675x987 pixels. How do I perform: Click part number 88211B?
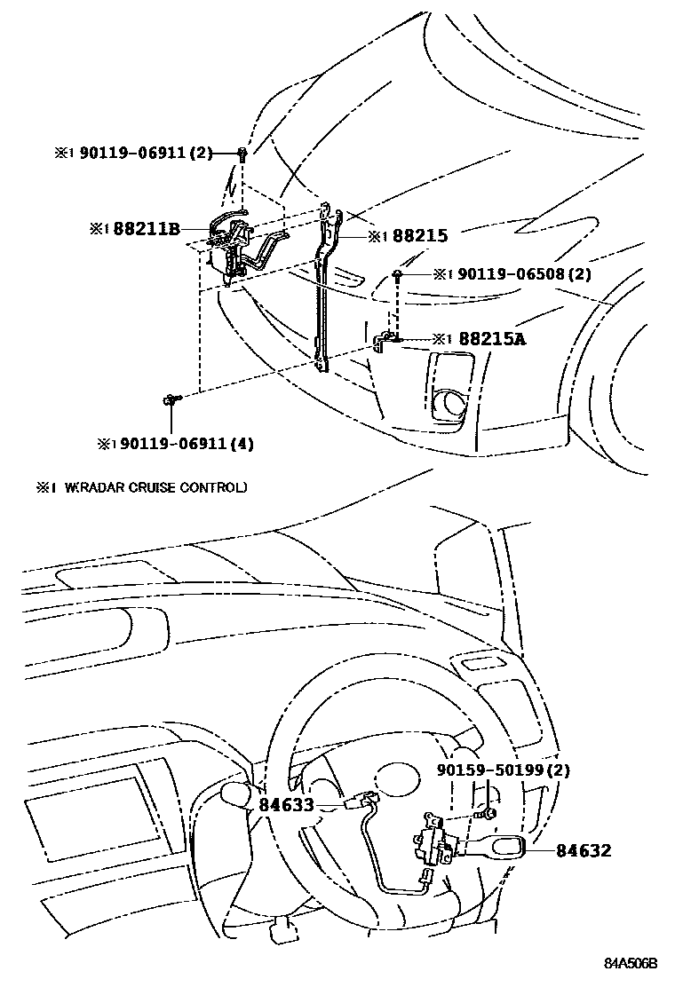[146, 229]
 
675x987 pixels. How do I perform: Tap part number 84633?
[286, 804]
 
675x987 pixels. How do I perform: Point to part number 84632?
[584, 850]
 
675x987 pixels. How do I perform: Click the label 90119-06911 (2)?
[146, 153]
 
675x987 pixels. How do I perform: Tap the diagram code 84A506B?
[631, 963]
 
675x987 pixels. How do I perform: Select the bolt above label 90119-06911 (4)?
[171, 402]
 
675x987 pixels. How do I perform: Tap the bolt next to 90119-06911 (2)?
[242, 154]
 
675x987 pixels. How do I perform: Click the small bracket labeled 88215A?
[385, 340]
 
